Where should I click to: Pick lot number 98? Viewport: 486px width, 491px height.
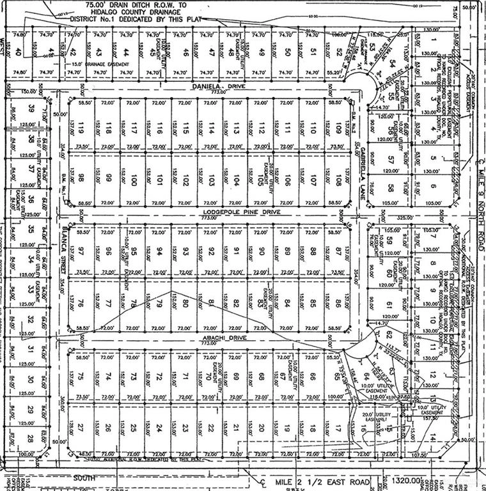(x=82, y=181)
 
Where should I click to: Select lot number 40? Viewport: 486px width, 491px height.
(x=19, y=52)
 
